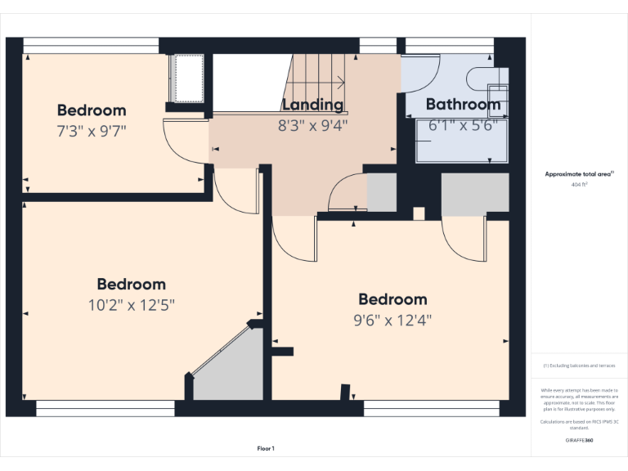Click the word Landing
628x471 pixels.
tap(312, 105)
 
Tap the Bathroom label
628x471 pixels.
tap(463, 105)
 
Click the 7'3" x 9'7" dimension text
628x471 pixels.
tap(92, 130)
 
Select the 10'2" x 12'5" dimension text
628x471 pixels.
tap(132, 304)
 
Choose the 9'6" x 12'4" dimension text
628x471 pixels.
tap(392, 320)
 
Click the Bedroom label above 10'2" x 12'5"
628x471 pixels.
tap(132, 284)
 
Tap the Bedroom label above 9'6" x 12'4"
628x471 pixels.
tap(392, 299)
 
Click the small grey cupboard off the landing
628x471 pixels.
tap(381, 193)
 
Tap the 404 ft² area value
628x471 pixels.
tap(579, 185)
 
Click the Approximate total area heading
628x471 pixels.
tap(579, 173)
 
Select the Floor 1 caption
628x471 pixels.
tap(266, 448)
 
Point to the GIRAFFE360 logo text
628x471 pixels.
tap(580, 440)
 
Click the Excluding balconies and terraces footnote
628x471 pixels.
tap(580, 366)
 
